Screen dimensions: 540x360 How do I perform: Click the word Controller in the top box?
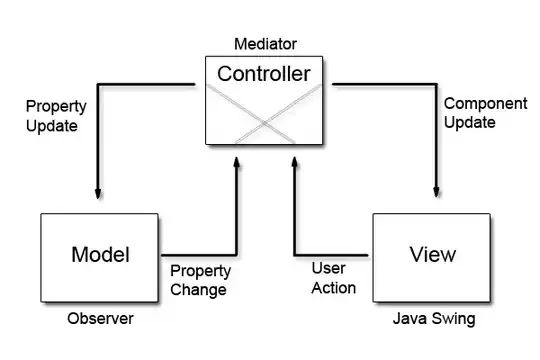click(x=264, y=74)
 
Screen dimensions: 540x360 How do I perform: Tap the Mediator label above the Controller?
click(x=266, y=44)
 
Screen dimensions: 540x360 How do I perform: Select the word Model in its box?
click(x=101, y=255)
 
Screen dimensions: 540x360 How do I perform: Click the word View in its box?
click(x=433, y=254)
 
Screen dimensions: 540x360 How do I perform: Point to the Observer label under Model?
click(x=100, y=318)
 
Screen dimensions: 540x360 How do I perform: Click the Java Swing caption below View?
click(x=434, y=319)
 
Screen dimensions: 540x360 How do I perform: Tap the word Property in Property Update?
click(x=56, y=106)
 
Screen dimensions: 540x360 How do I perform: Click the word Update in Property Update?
click(x=52, y=126)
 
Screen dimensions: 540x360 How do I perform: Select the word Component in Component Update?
click(x=486, y=103)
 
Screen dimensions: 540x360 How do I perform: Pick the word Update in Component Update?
click(x=470, y=122)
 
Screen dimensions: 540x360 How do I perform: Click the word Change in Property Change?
click(x=198, y=289)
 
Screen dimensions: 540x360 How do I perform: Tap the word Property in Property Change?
click(x=200, y=271)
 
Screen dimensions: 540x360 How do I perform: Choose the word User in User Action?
click(x=329, y=268)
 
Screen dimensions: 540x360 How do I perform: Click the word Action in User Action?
click(x=333, y=288)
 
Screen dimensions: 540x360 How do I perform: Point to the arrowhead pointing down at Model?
click(x=98, y=194)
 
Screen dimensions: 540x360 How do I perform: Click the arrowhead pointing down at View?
click(x=436, y=192)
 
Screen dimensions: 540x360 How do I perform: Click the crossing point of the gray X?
click(x=264, y=123)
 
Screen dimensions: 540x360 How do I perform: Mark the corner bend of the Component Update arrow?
click(x=436, y=84)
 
